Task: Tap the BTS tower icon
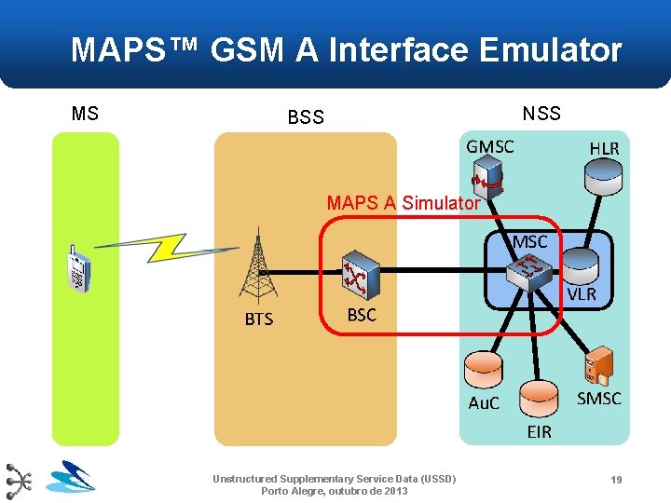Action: (256, 265)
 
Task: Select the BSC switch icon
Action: (359, 273)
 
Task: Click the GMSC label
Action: (490, 147)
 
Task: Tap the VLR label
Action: (582, 294)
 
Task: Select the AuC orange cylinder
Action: (484, 372)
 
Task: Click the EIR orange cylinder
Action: (539, 398)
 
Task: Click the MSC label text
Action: (530, 241)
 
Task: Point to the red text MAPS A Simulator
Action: (404, 202)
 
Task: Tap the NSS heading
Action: (541, 114)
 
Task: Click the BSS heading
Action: (306, 117)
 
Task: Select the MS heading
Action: (85, 114)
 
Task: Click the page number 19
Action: (616, 479)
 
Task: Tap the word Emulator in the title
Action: (550, 49)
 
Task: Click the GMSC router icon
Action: (486, 181)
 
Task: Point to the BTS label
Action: (259, 319)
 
